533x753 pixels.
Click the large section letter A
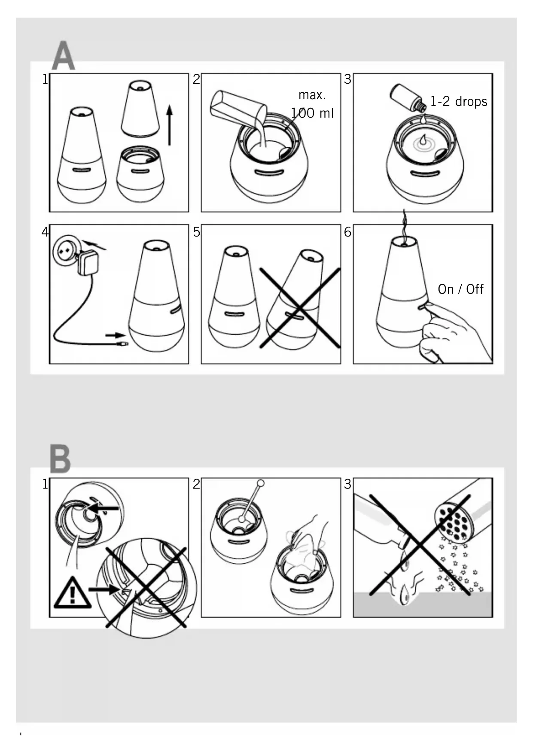click(x=63, y=56)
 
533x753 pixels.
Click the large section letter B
click(x=60, y=459)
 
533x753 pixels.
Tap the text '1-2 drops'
click(x=459, y=101)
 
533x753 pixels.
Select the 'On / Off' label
click(x=460, y=289)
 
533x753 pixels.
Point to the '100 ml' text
click(x=312, y=113)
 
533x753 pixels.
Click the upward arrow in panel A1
click(x=170, y=125)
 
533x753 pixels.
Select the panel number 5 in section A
click(x=197, y=232)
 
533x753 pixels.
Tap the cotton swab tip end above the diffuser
click(x=260, y=483)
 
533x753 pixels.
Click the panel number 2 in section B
click(x=197, y=484)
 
